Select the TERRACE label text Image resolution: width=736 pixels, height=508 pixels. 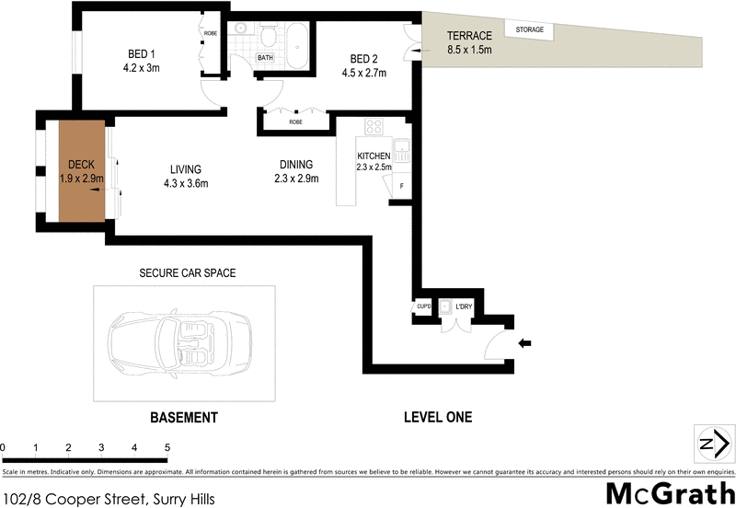[x=468, y=36]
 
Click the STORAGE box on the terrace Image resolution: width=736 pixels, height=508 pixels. [x=529, y=30]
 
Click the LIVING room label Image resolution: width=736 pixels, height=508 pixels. [x=185, y=168]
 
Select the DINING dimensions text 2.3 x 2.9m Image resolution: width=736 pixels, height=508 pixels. [x=295, y=179]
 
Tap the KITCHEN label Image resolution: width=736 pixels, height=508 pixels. [x=374, y=156]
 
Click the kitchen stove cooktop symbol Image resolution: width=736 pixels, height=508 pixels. [x=374, y=128]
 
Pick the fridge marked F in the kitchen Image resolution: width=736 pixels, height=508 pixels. [x=400, y=186]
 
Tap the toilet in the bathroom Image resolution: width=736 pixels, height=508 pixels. [x=267, y=38]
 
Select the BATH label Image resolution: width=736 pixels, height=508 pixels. [x=265, y=58]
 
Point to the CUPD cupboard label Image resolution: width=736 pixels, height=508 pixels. [x=424, y=306]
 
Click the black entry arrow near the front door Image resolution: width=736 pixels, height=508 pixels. [x=525, y=344]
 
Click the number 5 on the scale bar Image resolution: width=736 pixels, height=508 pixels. [x=167, y=448]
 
